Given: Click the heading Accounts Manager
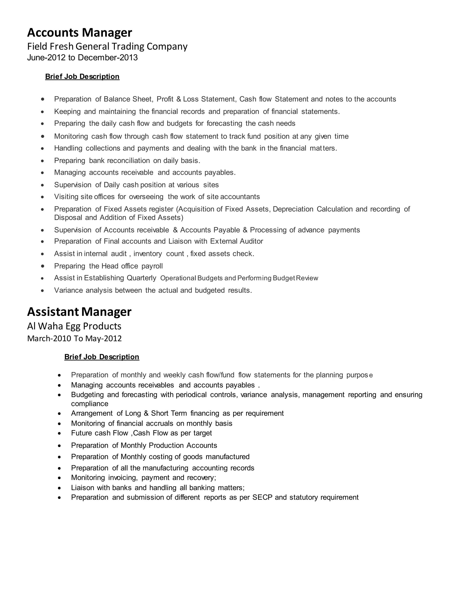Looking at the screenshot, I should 80,33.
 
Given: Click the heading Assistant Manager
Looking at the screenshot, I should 79,312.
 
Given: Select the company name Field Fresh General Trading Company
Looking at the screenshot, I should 107,46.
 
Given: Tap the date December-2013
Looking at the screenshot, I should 108,57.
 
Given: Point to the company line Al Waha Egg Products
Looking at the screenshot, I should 74,326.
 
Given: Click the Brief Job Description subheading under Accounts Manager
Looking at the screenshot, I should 82,77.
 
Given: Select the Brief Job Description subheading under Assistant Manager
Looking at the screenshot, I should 102,357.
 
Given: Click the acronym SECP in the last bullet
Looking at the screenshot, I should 262,498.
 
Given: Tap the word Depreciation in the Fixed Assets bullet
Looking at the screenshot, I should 293,209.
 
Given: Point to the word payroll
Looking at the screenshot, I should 152,266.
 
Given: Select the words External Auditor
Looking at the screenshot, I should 237,241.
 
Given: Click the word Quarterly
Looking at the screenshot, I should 142,278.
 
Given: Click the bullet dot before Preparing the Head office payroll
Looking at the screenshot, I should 42,266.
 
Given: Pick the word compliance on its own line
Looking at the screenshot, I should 90,404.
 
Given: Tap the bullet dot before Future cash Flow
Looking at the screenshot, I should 59,433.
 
